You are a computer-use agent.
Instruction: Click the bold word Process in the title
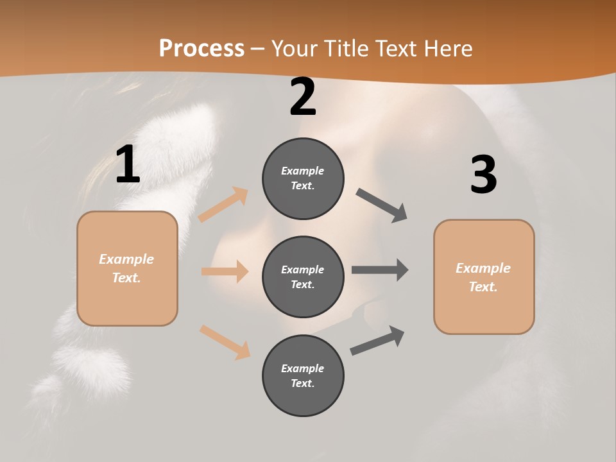pos(201,48)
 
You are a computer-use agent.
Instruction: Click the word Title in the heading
pos(345,48)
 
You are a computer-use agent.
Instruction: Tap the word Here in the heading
pos(444,48)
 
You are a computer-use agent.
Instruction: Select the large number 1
pos(128,165)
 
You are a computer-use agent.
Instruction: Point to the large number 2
pos(303,98)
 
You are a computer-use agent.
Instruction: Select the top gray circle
pos(303,178)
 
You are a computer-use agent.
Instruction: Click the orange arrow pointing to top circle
pos(223,205)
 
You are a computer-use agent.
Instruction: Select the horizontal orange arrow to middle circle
pos(225,271)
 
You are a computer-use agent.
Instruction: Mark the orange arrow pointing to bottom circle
pos(225,342)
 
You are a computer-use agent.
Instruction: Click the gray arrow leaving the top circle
pos(382,205)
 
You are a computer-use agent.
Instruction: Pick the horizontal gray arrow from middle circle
pos(380,270)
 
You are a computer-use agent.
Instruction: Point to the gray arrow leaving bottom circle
pos(377,340)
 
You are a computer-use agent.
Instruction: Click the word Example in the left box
pos(126,259)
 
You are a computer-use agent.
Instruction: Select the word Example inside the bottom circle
pos(302,368)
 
